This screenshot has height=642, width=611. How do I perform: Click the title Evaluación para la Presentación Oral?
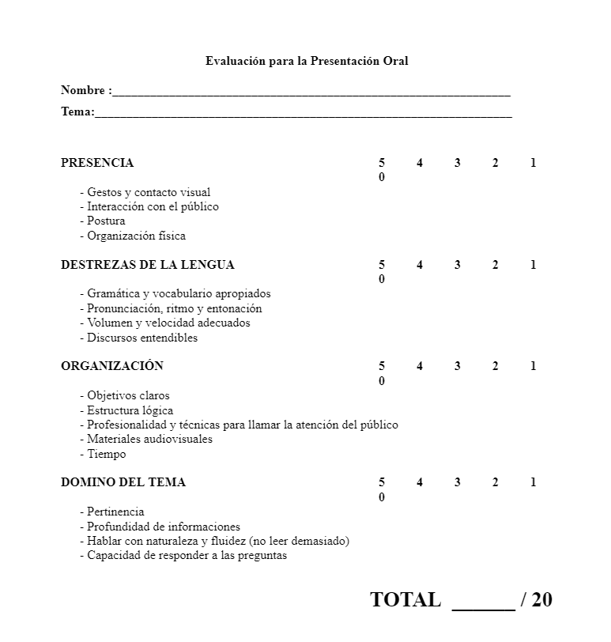(307, 61)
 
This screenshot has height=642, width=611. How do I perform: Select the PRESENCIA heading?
(97, 163)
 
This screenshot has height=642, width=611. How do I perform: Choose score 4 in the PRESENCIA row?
(420, 163)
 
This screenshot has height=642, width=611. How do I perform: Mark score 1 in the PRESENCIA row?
(534, 163)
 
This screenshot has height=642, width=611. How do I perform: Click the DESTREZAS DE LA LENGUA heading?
(148, 265)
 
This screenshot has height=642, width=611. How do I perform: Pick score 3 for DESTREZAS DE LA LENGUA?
(458, 265)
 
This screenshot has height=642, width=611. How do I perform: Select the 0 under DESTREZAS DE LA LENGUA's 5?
(382, 279)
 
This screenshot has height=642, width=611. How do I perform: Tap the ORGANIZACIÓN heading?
(112, 366)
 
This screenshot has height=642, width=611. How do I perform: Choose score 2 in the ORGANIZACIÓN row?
(496, 366)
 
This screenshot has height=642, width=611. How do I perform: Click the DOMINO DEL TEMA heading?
(123, 482)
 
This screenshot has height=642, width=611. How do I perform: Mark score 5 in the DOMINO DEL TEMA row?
(382, 482)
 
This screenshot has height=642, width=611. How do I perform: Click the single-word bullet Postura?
(106, 221)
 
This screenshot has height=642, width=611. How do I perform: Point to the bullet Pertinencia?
(115, 512)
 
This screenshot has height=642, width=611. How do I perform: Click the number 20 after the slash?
(542, 599)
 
